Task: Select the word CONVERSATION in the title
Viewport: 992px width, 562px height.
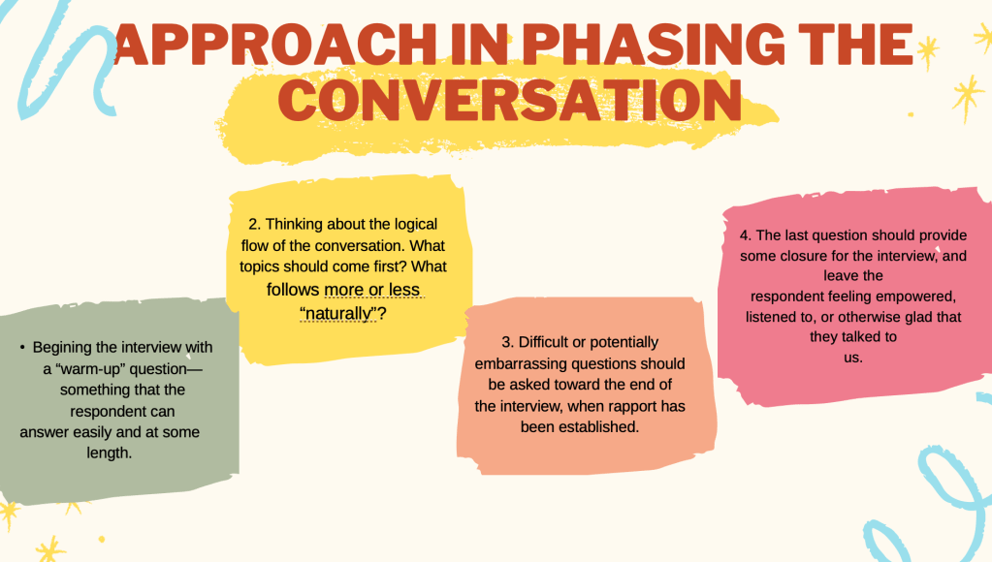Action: pos(509,100)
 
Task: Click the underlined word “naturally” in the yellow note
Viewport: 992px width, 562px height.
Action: pos(337,313)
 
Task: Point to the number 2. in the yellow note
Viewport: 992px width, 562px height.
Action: pos(254,225)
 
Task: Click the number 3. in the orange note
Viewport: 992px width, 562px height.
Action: pos(508,342)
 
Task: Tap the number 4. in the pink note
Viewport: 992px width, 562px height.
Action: pos(746,235)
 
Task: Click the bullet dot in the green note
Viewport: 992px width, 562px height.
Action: pos(22,347)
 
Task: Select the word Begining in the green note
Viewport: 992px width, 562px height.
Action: pos(62,348)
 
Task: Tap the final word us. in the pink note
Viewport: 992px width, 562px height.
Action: pos(852,358)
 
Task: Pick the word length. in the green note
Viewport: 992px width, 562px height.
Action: pos(109,453)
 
